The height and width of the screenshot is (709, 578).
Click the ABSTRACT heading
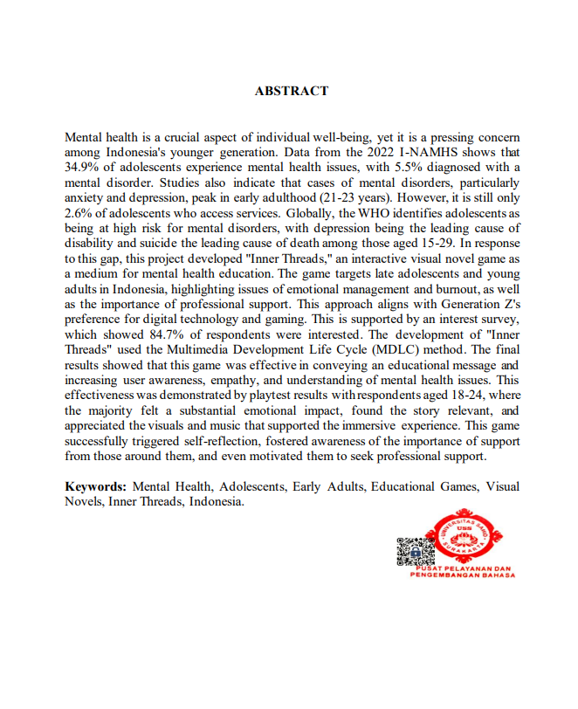(292, 91)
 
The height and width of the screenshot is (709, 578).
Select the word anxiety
(86, 197)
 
